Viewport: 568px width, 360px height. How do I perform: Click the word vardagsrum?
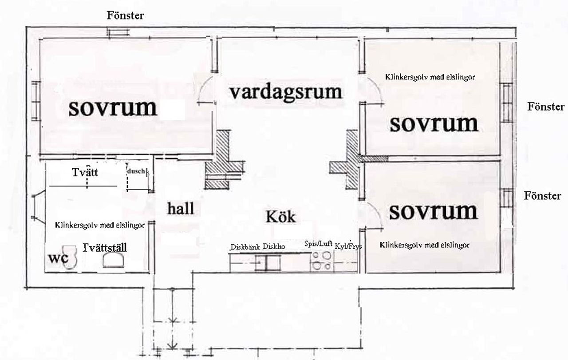286,93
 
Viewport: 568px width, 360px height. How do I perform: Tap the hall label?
181,209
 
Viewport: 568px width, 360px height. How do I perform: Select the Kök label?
281,217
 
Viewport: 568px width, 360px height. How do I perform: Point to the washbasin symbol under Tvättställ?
113,261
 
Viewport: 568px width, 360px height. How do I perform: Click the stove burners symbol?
322,261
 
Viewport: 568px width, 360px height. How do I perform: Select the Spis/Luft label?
318,244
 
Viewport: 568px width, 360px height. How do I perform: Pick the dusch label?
136,171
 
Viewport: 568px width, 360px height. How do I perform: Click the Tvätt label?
85,172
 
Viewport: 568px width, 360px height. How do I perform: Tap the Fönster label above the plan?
125,16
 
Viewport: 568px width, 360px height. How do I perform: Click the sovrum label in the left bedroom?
113,108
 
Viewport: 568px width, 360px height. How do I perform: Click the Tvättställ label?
105,248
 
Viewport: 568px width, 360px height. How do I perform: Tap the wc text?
58,258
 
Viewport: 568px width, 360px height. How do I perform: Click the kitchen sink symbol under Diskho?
268,263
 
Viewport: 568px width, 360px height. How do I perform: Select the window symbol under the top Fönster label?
118,32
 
